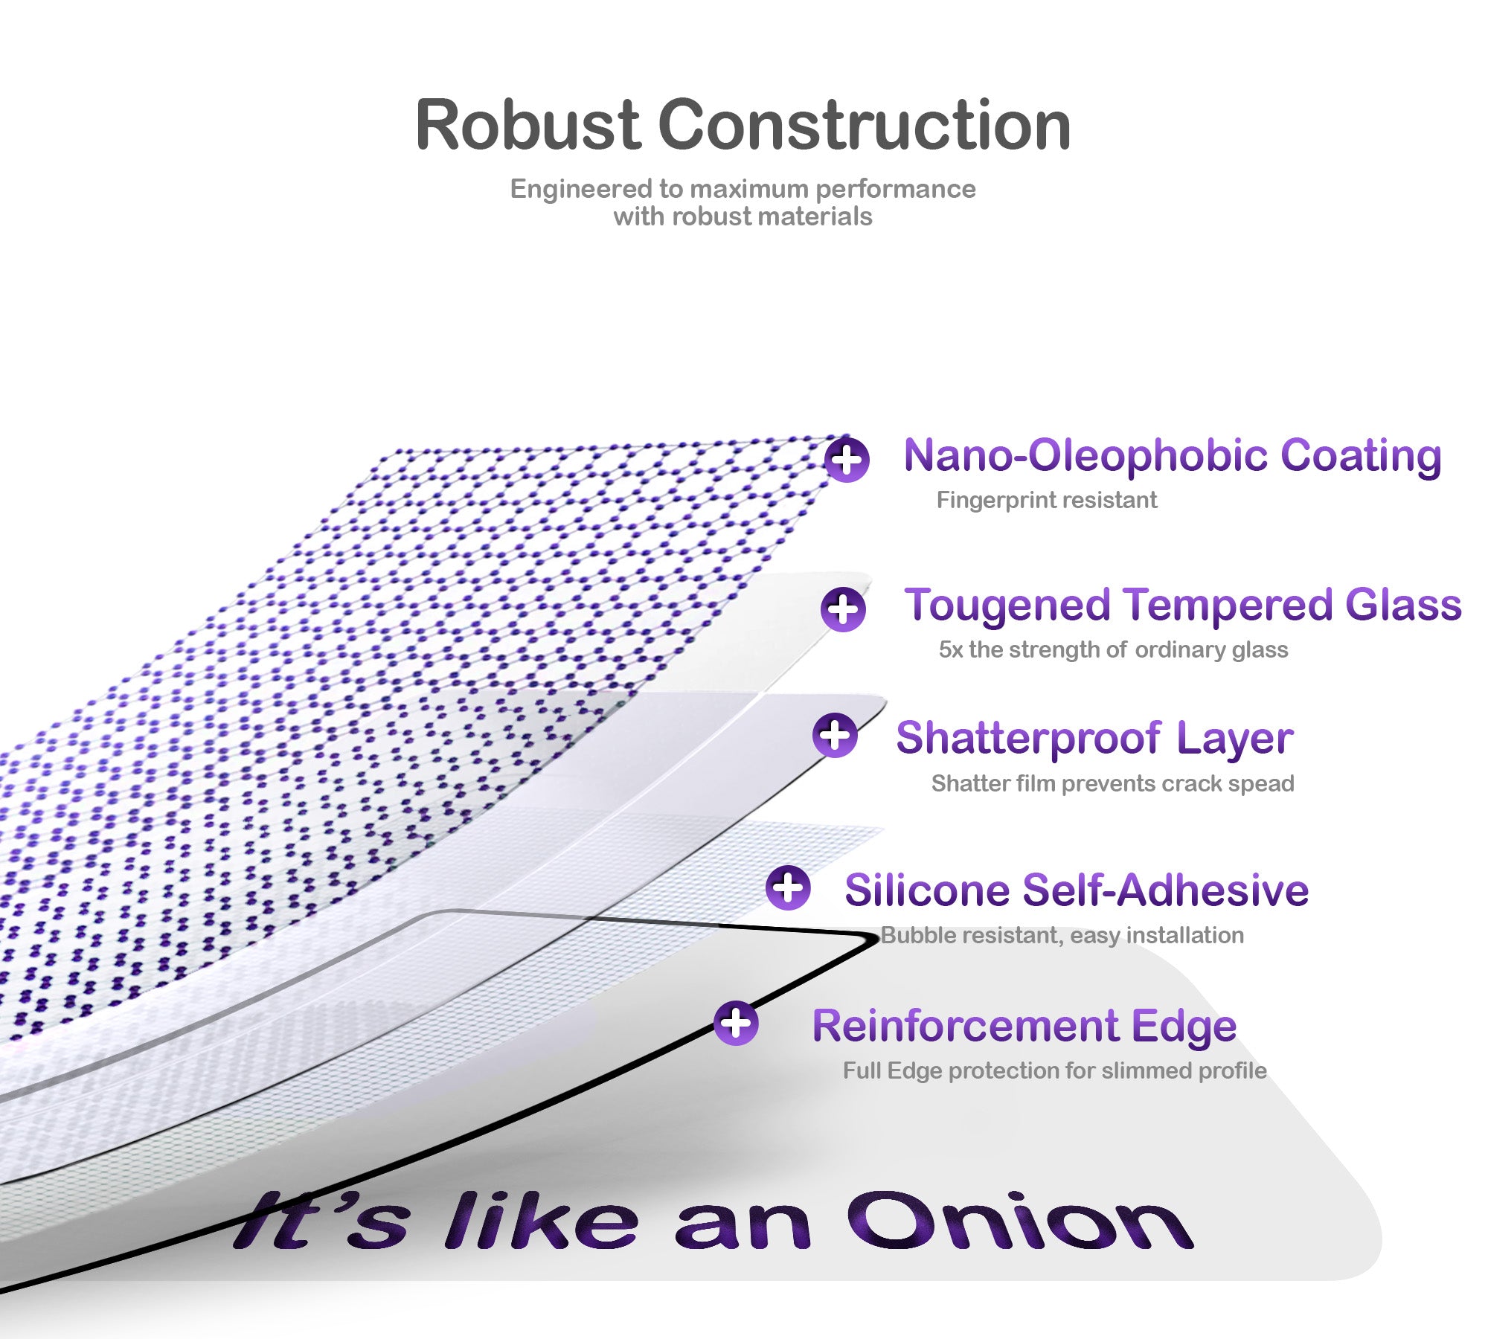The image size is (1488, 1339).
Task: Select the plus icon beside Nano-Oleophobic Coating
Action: tap(847, 460)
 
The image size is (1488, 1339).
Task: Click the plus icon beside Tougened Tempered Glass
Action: tap(843, 609)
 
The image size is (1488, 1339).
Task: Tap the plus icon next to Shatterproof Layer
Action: tap(835, 735)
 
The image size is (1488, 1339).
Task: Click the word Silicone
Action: tap(926, 890)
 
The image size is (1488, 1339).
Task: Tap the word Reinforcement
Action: tap(965, 1026)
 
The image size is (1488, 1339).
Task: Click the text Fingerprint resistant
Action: tap(1046, 500)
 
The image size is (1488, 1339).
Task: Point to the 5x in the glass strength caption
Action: tap(950, 649)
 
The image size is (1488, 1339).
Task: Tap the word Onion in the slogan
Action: tap(1019, 1224)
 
